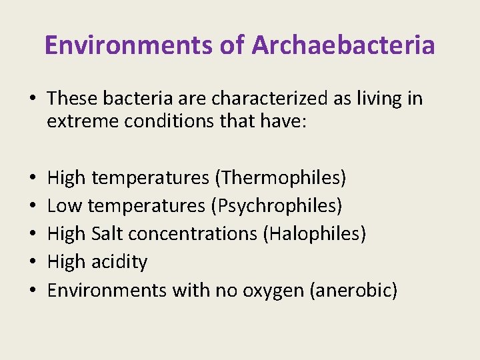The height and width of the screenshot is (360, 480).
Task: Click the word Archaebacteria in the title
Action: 343,45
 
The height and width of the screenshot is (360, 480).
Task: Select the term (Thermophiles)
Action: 280,178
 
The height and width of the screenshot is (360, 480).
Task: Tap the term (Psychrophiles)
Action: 276,206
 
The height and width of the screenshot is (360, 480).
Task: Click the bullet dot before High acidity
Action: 33,262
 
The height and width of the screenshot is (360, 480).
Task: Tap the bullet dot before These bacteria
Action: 33,99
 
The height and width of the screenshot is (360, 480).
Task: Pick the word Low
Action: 65,206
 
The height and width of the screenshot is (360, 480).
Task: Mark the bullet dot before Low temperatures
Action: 33,206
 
